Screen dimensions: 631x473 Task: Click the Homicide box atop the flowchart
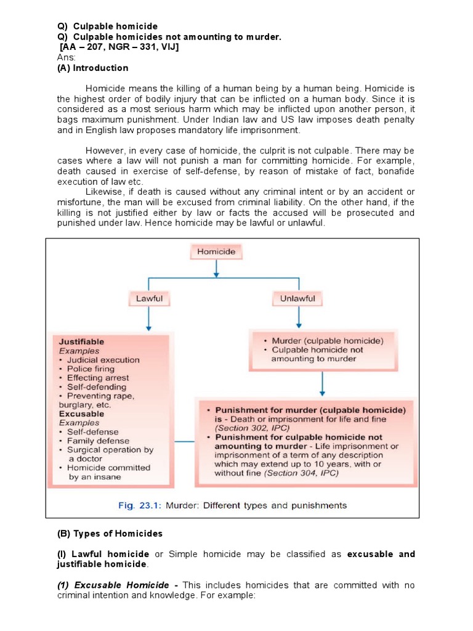tap(216, 251)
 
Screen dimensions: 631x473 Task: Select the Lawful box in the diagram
tap(149, 299)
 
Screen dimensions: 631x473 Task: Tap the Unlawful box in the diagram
tap(298, 299)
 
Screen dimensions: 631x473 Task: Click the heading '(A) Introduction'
tap(92, 68)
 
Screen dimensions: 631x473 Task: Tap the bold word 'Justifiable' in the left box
tap(81, 341)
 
